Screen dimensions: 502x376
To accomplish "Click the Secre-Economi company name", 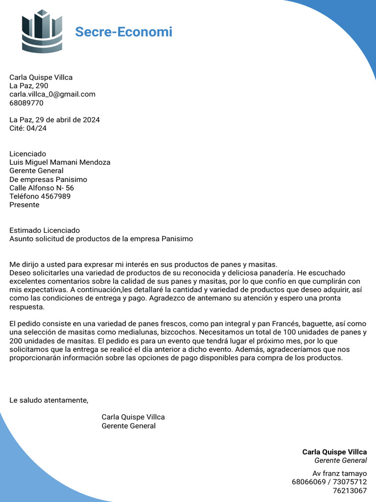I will click(x=123, y=32).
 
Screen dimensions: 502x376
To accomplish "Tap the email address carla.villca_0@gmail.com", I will click(x=52, y=94).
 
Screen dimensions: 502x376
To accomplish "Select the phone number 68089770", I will click(x=26, y=103).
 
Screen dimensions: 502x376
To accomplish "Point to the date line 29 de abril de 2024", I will click(x=55, y=120).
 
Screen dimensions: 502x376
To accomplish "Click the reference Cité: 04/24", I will click(x=28, y=128).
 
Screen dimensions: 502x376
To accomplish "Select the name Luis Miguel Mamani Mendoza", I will click(x=60, y=162).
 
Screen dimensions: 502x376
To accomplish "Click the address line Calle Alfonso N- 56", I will click(x=42, y=188).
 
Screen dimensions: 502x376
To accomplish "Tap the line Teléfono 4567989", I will click(x=40, y=196).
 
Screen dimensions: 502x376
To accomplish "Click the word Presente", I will click(x=24, y=205).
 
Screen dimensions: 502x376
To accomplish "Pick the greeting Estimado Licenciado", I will click(x=45, y=230).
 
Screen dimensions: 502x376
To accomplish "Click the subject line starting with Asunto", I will click(x=101, y=239).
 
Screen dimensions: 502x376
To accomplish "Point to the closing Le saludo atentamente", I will click(x=49, y=401).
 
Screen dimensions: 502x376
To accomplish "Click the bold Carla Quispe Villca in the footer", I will click(x=334, y=452).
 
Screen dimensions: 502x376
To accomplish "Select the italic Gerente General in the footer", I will click(x=340, y=461).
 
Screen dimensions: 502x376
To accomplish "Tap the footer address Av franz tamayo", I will click(x=339, y=474).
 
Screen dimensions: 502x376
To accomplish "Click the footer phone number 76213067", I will click(x=350, y=491).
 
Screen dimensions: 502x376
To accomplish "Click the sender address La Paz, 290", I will click(x=29, y=86).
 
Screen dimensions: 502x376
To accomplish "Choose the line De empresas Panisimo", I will click(x=48, y=179).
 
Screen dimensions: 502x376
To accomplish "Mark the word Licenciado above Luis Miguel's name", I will click(x=27, y=154).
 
